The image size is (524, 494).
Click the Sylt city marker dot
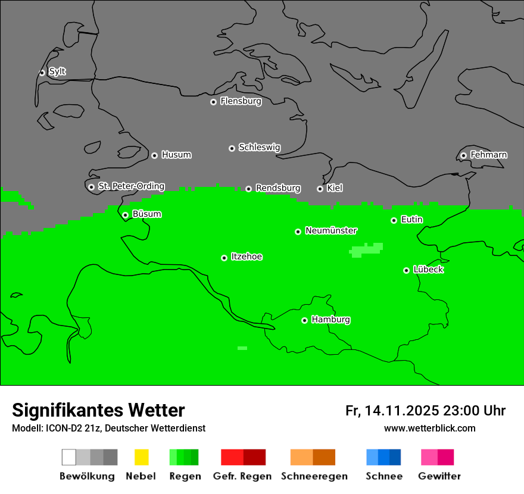[42, 73]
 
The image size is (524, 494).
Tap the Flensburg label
[241, 101]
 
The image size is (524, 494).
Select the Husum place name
[176, 155]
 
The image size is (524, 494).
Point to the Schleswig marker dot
[232, 148]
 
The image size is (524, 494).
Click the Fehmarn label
[488, 155]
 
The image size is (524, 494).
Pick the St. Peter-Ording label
[131, 186]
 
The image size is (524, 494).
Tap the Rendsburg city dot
[248, 189]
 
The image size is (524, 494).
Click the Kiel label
[335, 188]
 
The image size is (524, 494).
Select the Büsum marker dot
[125, 215]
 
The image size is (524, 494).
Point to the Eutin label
[411, 220]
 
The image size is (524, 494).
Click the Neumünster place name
[331, 230]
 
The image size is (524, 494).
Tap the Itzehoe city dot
[224, 258]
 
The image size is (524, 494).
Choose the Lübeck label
[428, 270]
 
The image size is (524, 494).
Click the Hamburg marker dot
[304, 320]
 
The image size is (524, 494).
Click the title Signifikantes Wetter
[98, 410]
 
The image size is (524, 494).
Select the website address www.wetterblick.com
[429, 428]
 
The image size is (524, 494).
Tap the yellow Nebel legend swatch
[141, 457]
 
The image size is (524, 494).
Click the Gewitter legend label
[439, 476]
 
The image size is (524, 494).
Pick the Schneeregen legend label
[314, 476]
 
